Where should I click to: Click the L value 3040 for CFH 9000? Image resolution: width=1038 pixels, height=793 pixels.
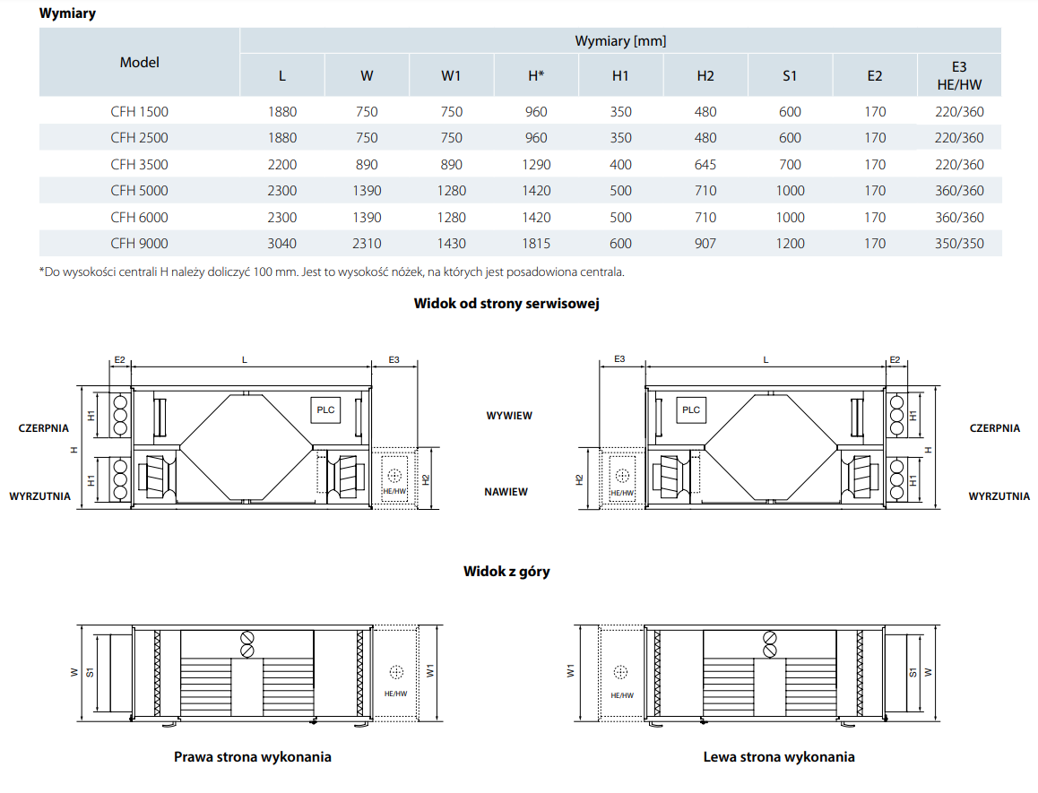click(281, 244)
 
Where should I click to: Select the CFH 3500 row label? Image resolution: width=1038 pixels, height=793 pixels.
click(139, 165)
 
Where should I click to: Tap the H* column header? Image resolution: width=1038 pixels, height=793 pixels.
click(536, 76)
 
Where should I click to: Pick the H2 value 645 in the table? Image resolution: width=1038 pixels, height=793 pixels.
click(705, 165)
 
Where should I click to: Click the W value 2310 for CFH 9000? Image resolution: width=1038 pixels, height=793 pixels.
click(367, 244)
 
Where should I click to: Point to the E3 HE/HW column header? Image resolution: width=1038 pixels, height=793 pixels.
click(959, 76)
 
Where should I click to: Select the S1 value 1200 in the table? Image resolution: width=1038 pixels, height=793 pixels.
click(790, 244)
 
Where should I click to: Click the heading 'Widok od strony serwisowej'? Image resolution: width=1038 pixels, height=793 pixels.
click(506, 303)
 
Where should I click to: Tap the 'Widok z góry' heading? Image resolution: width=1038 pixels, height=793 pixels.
click(506, 571)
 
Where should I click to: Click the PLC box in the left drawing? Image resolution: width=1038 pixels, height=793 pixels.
click(325, 410)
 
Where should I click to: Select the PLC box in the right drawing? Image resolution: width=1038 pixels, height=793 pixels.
click(690, 410)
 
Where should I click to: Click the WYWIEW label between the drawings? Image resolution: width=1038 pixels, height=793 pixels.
click(509, 417)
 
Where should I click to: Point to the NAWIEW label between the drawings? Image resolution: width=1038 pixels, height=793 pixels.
click(506, 492)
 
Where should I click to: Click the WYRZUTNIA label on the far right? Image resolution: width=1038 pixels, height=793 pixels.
click(999, 496)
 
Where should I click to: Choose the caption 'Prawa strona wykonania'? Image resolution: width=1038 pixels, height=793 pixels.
click(253, 757)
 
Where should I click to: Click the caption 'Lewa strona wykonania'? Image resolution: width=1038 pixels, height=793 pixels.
click(779, 757)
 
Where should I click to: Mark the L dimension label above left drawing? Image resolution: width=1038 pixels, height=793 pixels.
click(244, 359)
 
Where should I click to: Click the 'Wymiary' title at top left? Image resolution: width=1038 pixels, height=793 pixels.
click(68, 13)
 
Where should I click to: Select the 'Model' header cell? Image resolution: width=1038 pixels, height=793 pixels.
click(139, 63)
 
